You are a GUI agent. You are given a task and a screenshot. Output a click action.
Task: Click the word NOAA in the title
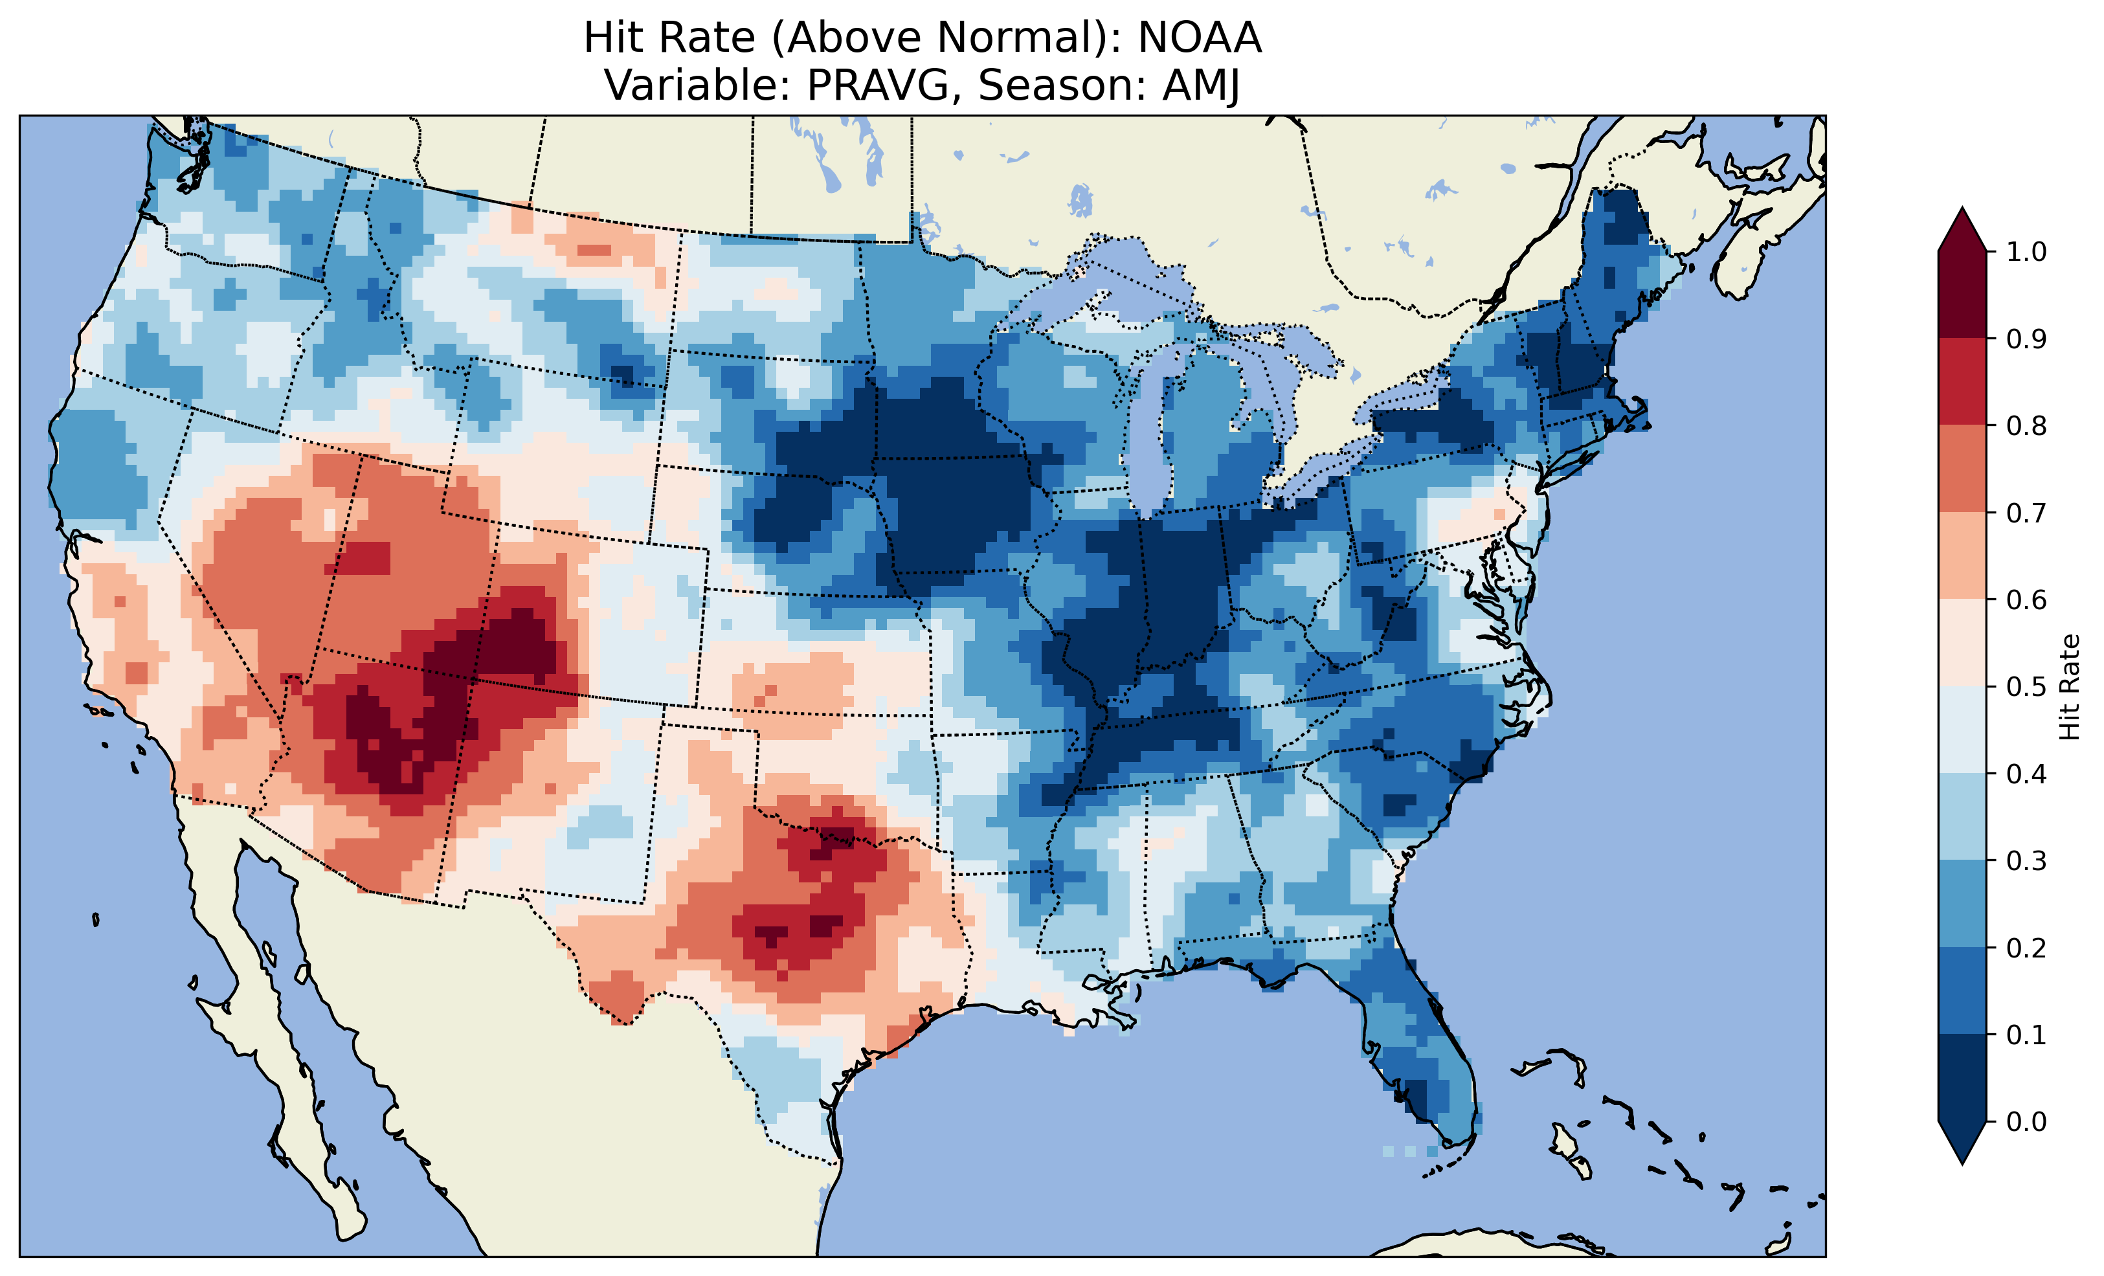coord(1200,38)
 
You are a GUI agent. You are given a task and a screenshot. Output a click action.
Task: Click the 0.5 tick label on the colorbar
coord(2026,687)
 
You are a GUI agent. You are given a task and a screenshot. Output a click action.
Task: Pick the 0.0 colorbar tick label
coord(2026,1121)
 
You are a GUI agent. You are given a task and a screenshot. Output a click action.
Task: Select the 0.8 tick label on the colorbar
coord(2026,425)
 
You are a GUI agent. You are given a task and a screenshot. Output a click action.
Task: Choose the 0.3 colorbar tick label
coord(2026,861)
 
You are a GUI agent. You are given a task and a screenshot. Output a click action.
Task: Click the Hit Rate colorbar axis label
coord(2070,687)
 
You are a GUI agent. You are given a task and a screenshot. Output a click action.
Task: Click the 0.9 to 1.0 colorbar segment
coord(1962,295)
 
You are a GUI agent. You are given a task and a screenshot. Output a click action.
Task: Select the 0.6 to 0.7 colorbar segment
coord(1962,555)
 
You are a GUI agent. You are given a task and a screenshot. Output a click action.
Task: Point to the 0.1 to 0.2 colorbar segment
coord(1962,991)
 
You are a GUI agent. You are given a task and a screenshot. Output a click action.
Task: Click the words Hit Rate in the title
coord(669,38)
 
